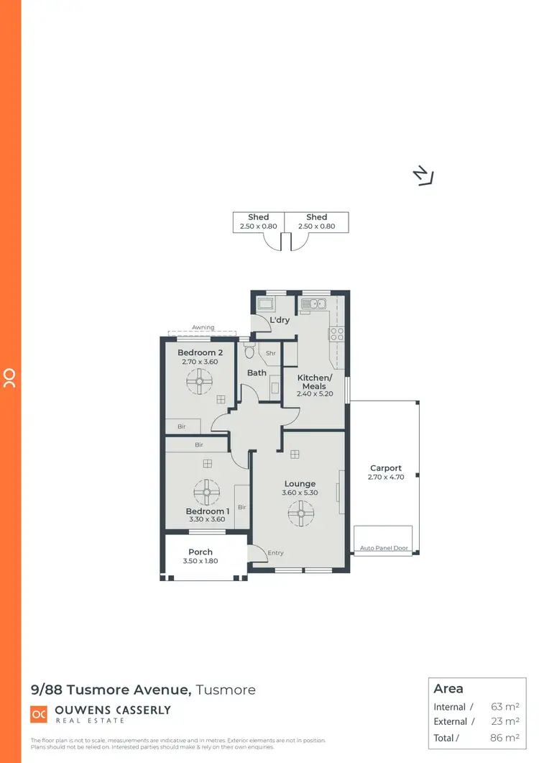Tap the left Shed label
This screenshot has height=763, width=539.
(x=258, y=217)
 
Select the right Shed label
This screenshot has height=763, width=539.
(x=316, y=217)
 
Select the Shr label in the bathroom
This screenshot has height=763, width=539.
(x=271, y=353)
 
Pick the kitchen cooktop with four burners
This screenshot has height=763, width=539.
(x=336, y=334)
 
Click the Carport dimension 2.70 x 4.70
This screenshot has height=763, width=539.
(x=386, y=477)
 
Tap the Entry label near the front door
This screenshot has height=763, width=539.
(x=275, y=553)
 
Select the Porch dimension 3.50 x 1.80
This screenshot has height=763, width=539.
(x=201, y=561)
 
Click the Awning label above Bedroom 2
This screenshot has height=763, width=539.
(x=203, y=327)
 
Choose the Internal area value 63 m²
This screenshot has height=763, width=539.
(x=505, y=707)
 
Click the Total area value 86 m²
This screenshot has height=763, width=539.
(x=505, y=737)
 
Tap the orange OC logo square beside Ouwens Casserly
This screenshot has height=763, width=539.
(x=38, y=714)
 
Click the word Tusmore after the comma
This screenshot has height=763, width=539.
(x=226, y=690)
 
